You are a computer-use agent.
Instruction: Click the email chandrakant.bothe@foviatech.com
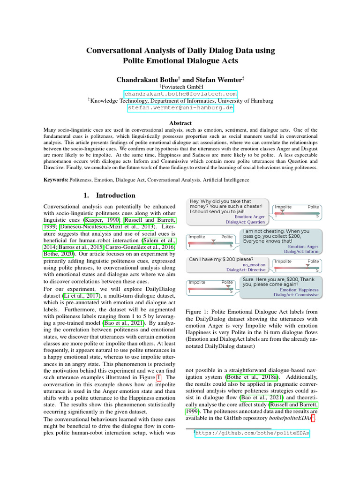point(180,94)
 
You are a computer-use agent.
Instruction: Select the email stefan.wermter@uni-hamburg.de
point(180,107)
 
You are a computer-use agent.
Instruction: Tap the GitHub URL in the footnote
point(253,434)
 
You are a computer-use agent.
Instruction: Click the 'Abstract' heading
point(180,123)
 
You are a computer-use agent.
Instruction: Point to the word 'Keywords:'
point(55,180)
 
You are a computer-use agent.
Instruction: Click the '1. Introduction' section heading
point(109,195)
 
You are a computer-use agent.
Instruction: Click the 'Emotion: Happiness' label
point(299,290)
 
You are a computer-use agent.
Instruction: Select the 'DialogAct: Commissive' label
point(296,295)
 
